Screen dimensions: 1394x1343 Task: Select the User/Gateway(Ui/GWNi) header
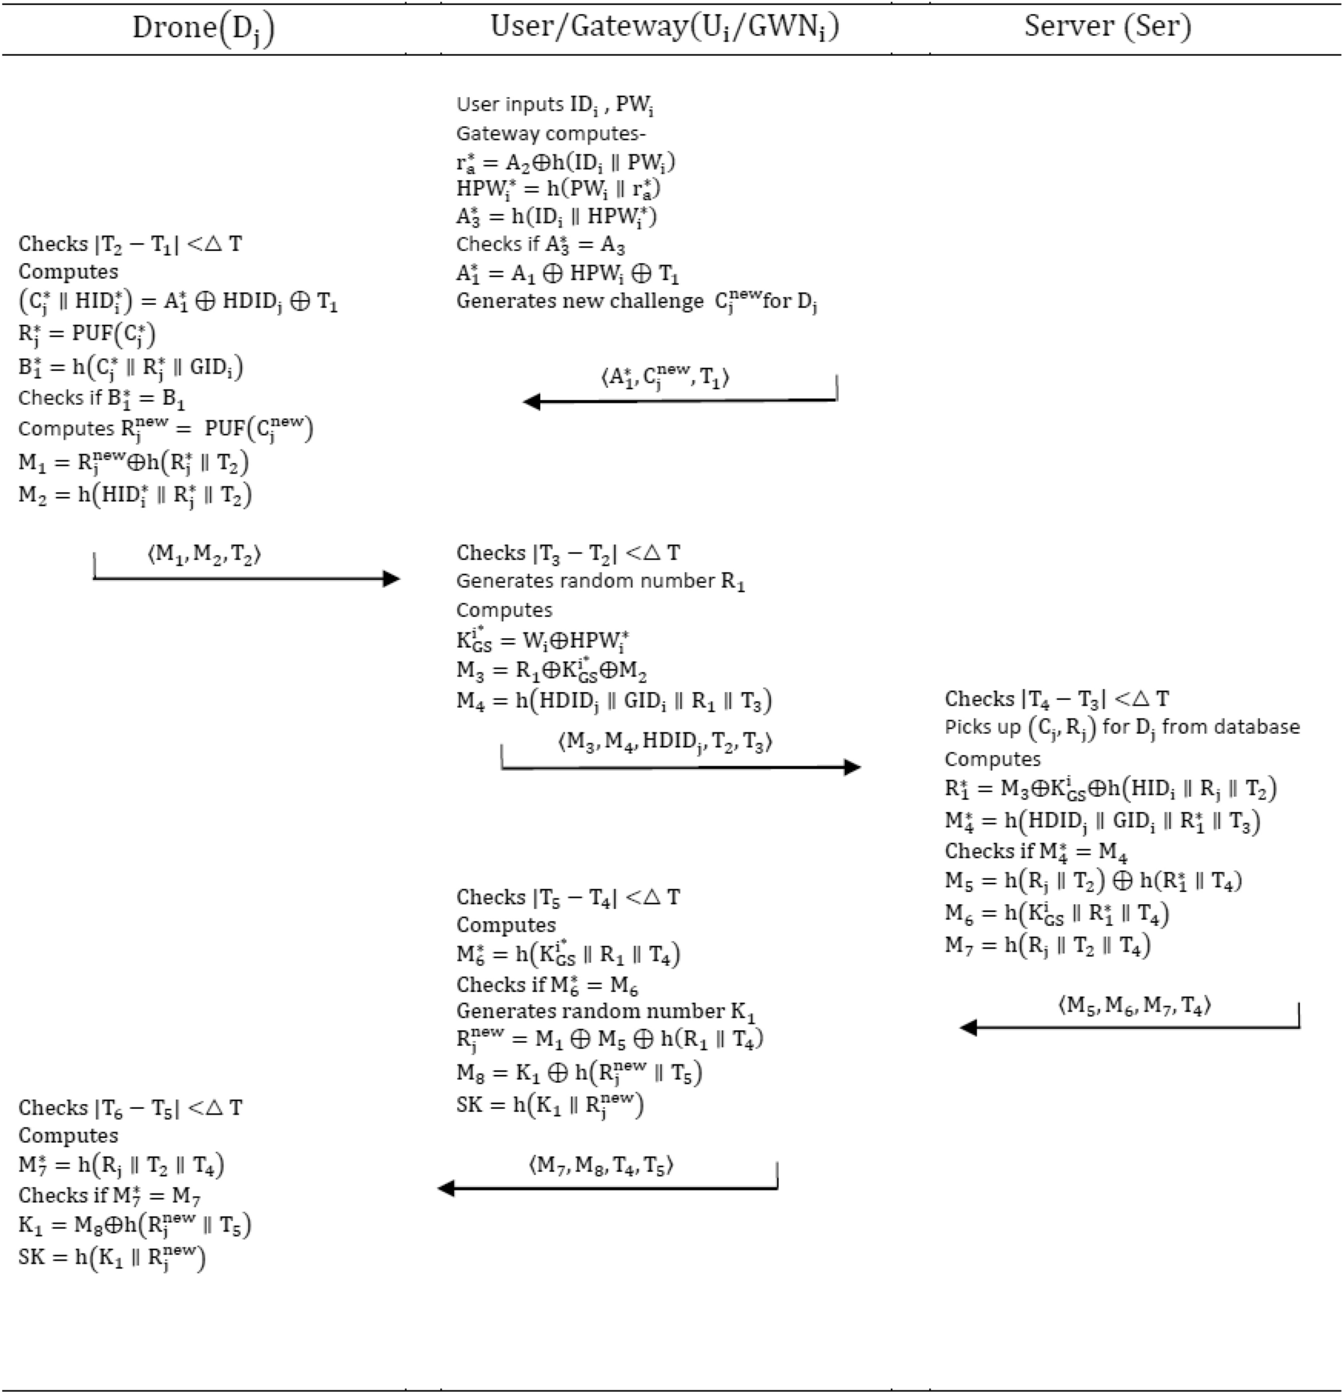(x=665, y=27)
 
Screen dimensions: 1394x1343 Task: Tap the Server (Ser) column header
(x=1108, y=26)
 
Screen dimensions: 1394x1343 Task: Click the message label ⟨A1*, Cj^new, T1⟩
(x=665, y=378)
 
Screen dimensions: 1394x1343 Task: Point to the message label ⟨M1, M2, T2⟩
(x=205, y=553)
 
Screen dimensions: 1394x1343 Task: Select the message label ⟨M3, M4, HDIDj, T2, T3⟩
(x=665, y=742)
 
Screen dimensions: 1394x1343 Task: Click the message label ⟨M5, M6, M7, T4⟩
(x=1134, y=1004)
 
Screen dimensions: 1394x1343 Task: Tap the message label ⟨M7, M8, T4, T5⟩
(x=601, y=1164)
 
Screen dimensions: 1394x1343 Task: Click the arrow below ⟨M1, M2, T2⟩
(x=246, y=578)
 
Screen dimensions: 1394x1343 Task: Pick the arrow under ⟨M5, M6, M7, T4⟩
(x=1129, y=1027)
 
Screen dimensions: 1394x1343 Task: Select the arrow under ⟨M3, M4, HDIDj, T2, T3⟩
(x=680, y=767)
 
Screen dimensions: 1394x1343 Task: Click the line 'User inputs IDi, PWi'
(x=554, y=105)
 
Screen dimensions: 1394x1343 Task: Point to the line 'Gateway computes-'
(x=551, y=134)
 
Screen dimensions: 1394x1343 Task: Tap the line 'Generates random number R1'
(x=601, y=581)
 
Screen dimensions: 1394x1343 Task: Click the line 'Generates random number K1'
(x=606, y=1011)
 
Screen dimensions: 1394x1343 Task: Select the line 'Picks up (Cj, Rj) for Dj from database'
(x=1122, y=727)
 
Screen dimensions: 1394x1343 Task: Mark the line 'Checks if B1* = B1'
(x=101, y=398)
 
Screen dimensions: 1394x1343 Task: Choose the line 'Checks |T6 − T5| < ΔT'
(x=130, y=1108)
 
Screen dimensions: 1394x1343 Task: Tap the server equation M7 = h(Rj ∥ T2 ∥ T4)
(x=1047, y=945)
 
